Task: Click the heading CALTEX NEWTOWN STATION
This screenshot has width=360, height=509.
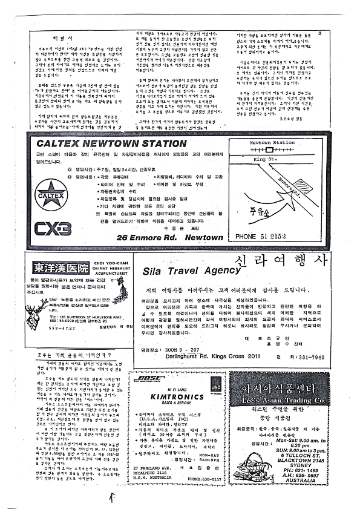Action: point(111,144)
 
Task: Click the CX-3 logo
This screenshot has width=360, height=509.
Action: point(53,228)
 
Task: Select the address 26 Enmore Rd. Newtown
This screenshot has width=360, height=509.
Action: point(170,238)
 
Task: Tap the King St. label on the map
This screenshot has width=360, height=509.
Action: point(261,159)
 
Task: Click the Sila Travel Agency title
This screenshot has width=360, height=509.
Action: point(191,271)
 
